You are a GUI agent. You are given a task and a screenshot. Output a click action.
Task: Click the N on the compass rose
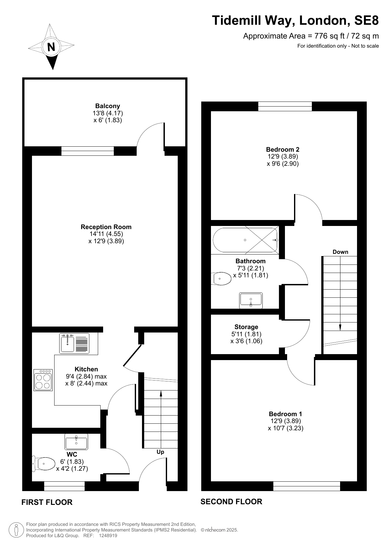51,47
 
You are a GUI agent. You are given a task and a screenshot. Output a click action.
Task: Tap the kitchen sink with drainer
74,343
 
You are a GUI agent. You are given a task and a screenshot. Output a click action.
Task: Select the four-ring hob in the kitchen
43,380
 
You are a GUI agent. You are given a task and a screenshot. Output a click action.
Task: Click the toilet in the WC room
44,464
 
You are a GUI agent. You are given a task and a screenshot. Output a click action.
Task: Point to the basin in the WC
76,442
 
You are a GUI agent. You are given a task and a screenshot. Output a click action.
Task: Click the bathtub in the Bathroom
245,240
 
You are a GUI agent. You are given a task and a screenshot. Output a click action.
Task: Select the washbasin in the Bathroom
251,300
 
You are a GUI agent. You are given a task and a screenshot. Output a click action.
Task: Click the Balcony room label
108,106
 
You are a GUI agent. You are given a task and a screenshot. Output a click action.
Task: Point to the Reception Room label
106,227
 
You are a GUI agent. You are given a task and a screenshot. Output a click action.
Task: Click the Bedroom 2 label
283,149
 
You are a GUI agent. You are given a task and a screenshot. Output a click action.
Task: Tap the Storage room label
246,327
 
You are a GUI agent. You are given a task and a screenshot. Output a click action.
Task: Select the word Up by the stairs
160,452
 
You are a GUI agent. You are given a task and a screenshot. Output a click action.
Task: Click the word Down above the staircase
340,252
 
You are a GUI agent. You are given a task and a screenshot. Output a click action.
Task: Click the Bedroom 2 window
285,106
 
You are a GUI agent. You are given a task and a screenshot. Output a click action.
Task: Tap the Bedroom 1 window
307,486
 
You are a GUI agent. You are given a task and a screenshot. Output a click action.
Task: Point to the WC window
65,486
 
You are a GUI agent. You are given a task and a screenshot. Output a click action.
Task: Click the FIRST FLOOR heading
47,502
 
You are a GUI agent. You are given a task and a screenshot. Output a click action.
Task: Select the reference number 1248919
108,536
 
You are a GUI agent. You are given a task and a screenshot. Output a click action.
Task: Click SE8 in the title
366,20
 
